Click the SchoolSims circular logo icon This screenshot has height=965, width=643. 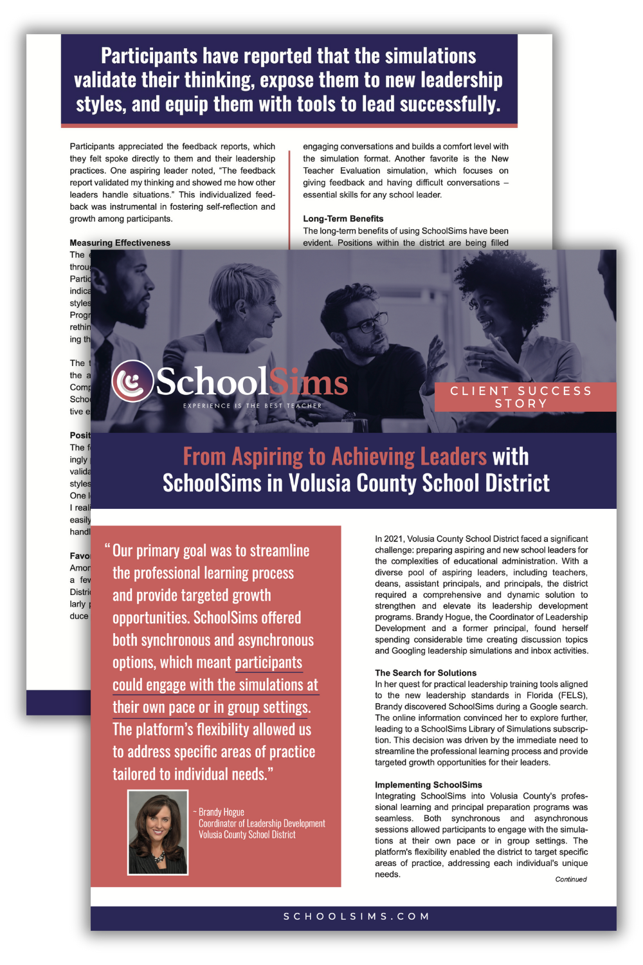(132, 381)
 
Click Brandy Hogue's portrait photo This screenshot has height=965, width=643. (158, 832)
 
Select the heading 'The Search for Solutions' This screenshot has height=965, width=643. (426, 673)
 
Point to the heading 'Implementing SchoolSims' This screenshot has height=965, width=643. (428, 785)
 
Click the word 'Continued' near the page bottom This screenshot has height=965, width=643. (571, 879)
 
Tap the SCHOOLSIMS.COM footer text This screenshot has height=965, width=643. (356, 916)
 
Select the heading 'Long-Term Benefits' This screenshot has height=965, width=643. (343, 219)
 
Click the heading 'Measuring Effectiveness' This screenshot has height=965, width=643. (120, 243)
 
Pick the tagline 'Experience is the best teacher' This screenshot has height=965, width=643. (252, 406)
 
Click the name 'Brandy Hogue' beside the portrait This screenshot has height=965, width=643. (221, 812)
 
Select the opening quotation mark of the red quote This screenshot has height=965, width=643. (107, 549)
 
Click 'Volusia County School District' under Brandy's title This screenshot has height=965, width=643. (247, 835)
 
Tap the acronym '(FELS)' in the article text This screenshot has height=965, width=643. (575, 695)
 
